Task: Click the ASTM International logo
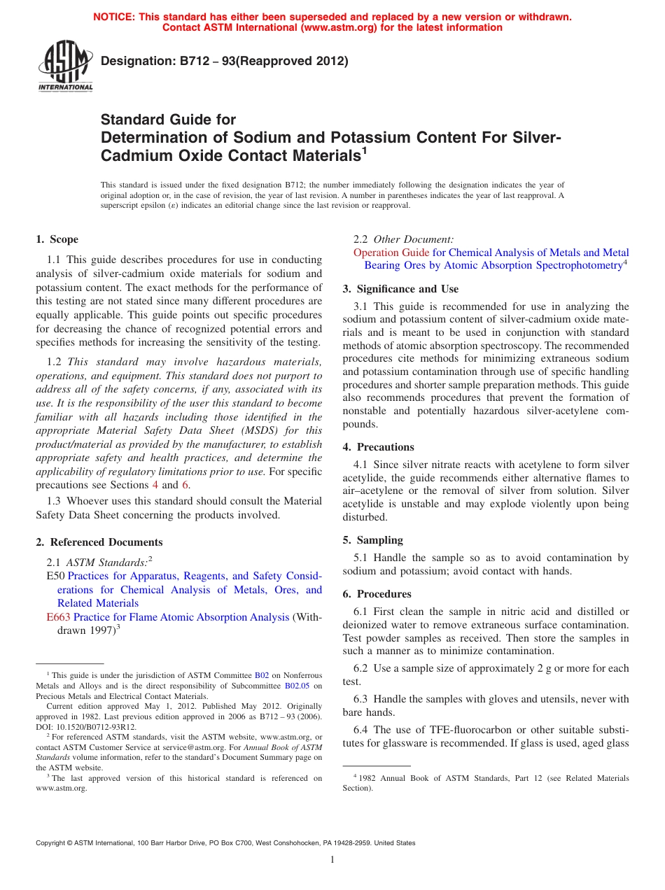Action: click(x=65, y=65)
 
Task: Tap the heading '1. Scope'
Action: click(x=57, y=239)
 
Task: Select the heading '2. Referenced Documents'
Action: click(x=99, y=542)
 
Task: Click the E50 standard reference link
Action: click(x=55, y=576)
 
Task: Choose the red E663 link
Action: click(x=58, y=617)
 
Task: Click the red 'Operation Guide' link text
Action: click(x=391, y=253)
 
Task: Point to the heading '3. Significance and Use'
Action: click(x=400, y=289)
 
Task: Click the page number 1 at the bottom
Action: click(x=332, y=860)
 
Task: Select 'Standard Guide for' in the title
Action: click(x=168, y=120)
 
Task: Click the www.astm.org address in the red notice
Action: click(x=336, y=27)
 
